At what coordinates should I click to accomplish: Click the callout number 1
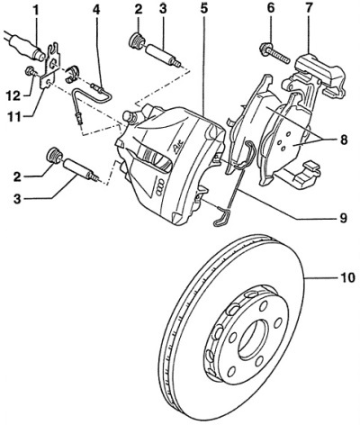point(36,12)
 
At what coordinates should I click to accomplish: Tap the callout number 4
point(95,11)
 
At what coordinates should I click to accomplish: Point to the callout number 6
point(271,9)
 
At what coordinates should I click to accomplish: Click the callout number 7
point(309,9)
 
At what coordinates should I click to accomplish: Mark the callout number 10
point(347,278)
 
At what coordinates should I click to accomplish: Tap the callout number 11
point(14,116)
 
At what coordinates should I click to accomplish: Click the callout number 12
point(14,95)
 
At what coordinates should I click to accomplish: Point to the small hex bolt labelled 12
point(31,71)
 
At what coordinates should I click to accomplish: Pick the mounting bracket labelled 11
point(50,67)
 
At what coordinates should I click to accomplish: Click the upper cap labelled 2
point(138,41)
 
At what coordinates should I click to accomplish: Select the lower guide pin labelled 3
point(81,170)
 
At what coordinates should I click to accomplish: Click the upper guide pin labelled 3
point(163,55)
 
